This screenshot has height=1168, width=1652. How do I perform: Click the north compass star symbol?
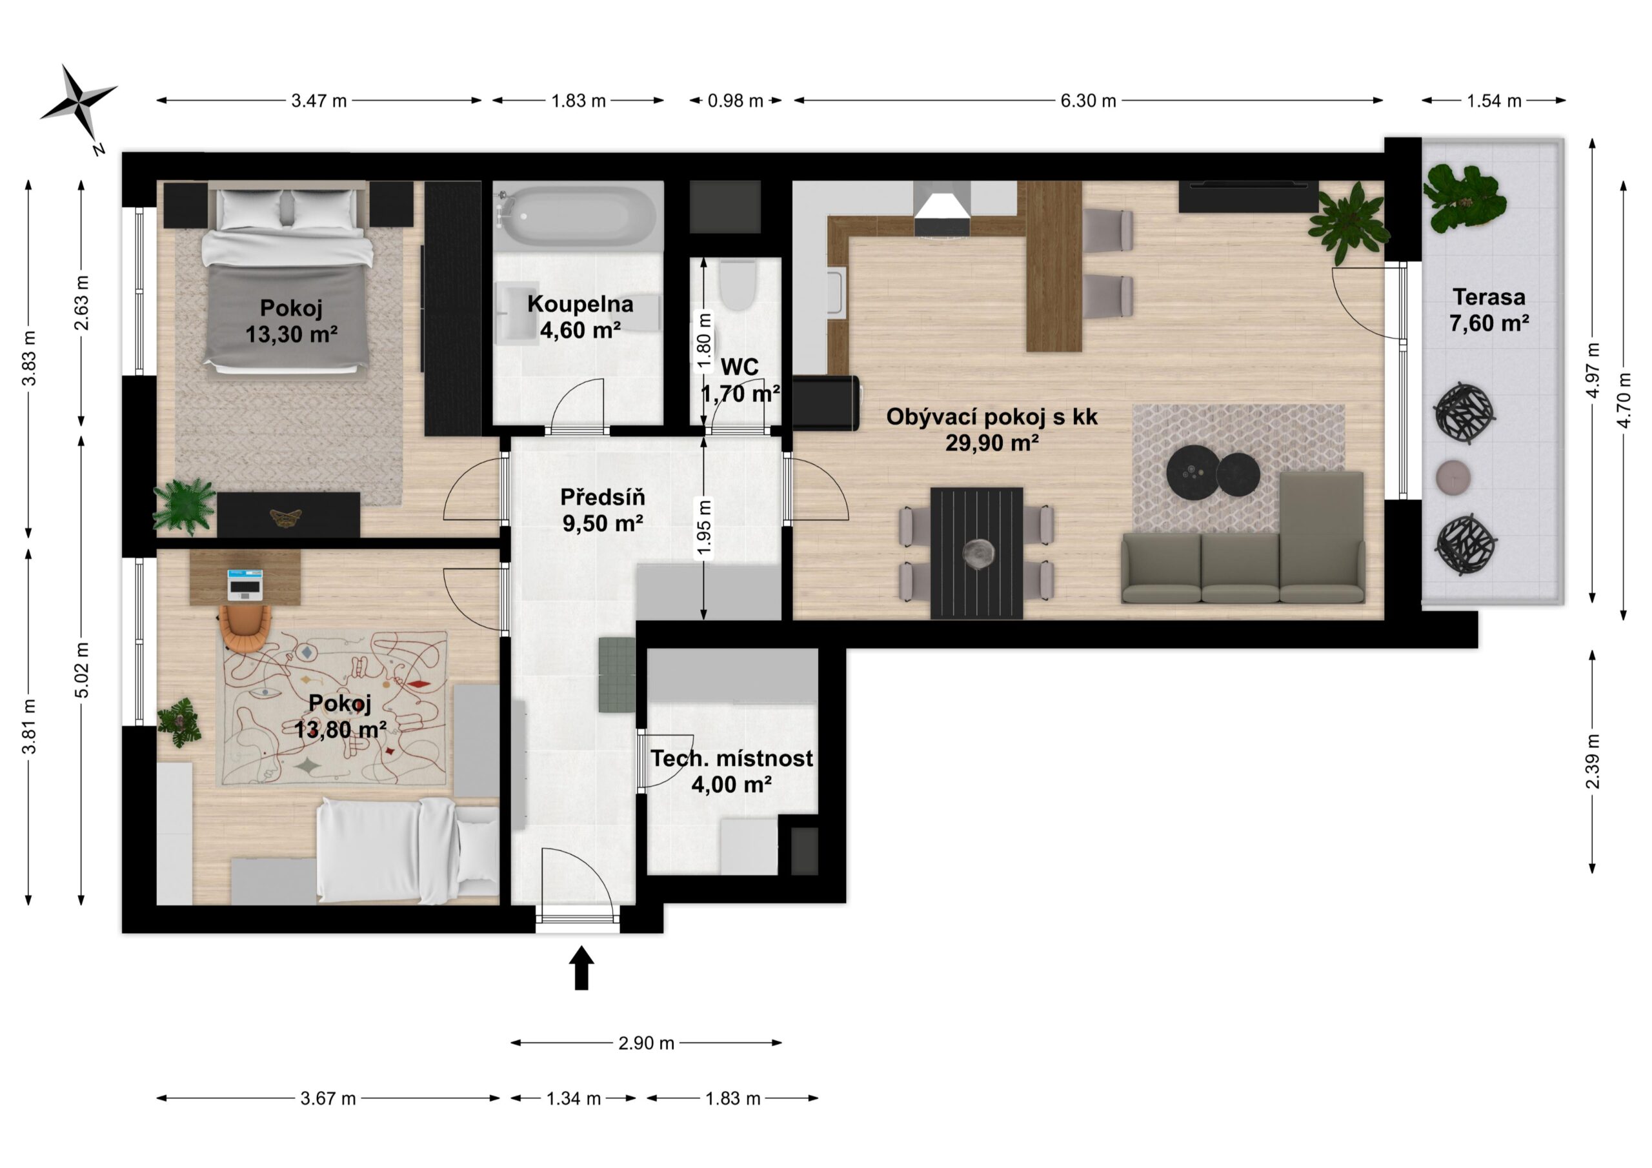coord(79,103)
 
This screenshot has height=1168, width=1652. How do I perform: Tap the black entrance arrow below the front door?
coord(581,968)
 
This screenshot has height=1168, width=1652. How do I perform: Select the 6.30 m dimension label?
coord(1088,101)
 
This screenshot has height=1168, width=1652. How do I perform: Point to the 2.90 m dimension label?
coord(646,1043)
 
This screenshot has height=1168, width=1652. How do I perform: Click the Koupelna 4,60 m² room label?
coord(581,317)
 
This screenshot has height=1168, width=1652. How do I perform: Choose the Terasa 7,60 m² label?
coord(1489,310)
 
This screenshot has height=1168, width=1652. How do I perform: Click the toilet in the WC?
coord(737,285)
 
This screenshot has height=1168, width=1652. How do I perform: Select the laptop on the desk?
coord(245,585)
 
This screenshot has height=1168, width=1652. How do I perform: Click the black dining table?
coord(976,552)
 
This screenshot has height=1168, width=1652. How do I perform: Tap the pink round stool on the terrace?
coord(1453,477)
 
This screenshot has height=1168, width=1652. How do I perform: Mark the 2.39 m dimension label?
coord(1593,761)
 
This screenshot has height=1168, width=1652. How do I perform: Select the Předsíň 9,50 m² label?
coord(603,510)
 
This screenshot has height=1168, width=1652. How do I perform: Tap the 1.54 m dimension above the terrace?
coord(1494,101)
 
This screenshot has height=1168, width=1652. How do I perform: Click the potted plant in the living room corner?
coord(1347,223)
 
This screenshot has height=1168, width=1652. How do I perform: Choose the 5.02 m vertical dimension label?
coord(82,669)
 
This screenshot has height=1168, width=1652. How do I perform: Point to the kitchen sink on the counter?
coord(837,292)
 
